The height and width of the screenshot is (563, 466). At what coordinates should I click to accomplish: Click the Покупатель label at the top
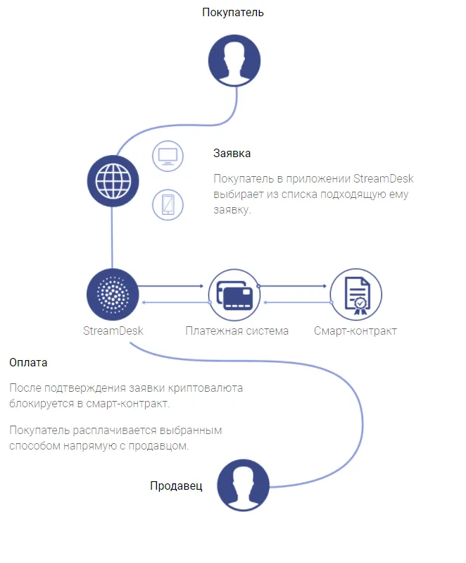pyautogui.click(x=233, y=12)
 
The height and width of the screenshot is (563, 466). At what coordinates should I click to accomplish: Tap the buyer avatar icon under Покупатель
pyautogui.click(x=234, y=61)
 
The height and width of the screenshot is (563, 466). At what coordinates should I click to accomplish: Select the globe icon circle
pyautogui.click(x=113, y=181)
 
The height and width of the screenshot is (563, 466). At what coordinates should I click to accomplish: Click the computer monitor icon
pyautogui.click(x=168, y=156)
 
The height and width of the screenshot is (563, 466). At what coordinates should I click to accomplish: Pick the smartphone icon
pyautogui.click(x=168, y=204)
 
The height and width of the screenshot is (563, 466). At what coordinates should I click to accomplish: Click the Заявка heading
pyautogui.click(x=232, y=154)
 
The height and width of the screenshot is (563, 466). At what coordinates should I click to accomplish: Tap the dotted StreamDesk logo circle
pyautogui.click(x=113, y=295)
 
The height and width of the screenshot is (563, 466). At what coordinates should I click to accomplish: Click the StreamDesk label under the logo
pyautogui.click(x=113, y=330)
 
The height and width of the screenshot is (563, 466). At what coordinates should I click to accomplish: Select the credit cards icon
pyautogui.click(x=234, y=295)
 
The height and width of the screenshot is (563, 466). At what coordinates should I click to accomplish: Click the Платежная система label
pyautogui.click(x=237, y=330)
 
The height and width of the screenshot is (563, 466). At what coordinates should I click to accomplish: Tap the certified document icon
pyautogui.click(x=356, y=295)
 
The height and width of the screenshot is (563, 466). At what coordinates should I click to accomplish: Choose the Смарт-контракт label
pyautogui.click(x=355, y=330)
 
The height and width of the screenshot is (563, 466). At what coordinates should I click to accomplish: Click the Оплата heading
pyautogui.click(x=28, y=363)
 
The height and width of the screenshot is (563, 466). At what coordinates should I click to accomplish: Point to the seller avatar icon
pyautogui.click(x=244, y=485)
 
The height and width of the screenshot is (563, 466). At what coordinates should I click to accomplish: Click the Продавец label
pyautogui.click(x=176, y=485)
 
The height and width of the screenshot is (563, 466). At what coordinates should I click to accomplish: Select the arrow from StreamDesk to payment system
pyautogui.click(x=171, y=286)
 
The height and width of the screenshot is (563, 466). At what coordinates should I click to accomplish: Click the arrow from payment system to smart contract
pyautogui.click(x=292, y=286)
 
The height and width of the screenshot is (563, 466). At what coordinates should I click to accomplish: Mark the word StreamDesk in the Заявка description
pyautogui.click(x=384, y=179)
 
